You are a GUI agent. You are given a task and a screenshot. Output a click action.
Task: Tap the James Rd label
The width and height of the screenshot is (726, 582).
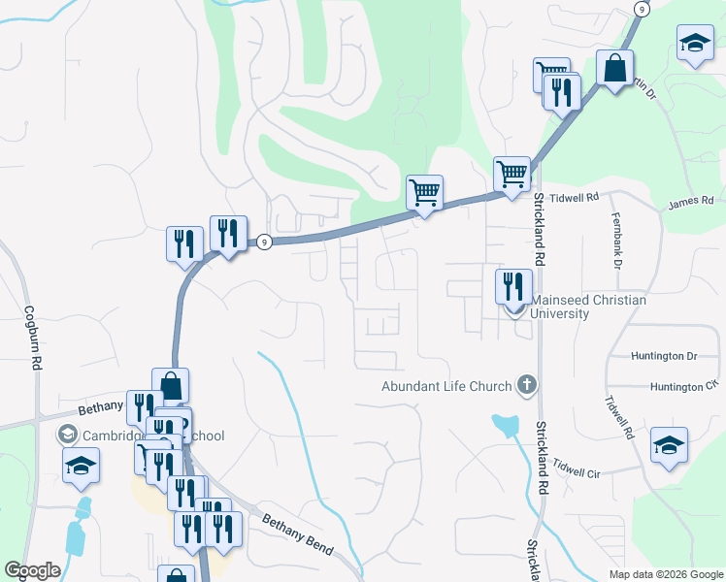(691, 202)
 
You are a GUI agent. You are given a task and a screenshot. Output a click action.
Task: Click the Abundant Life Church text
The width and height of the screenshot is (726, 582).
(446, 387)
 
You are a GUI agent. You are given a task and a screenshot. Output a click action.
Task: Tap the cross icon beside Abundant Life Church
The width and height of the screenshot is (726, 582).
(527, 386)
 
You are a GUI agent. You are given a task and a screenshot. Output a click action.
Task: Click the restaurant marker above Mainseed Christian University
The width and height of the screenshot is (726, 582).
(513, 287)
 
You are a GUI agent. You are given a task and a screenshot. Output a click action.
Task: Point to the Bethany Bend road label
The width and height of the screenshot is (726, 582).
(297, 533)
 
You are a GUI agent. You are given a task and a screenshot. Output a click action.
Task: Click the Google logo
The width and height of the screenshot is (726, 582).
(32, 570)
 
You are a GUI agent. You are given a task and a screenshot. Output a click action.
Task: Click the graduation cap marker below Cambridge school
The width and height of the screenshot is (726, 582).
(82, 466)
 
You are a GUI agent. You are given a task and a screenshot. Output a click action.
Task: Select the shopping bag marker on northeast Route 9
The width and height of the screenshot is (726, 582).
(614, 70)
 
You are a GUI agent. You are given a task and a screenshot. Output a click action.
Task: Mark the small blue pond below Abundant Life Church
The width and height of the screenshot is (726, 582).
(504, 424)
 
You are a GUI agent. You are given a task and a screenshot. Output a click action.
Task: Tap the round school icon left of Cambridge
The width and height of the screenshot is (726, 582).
(68, 434)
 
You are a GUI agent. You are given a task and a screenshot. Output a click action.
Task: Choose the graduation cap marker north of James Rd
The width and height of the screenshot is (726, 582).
(694, 44)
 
